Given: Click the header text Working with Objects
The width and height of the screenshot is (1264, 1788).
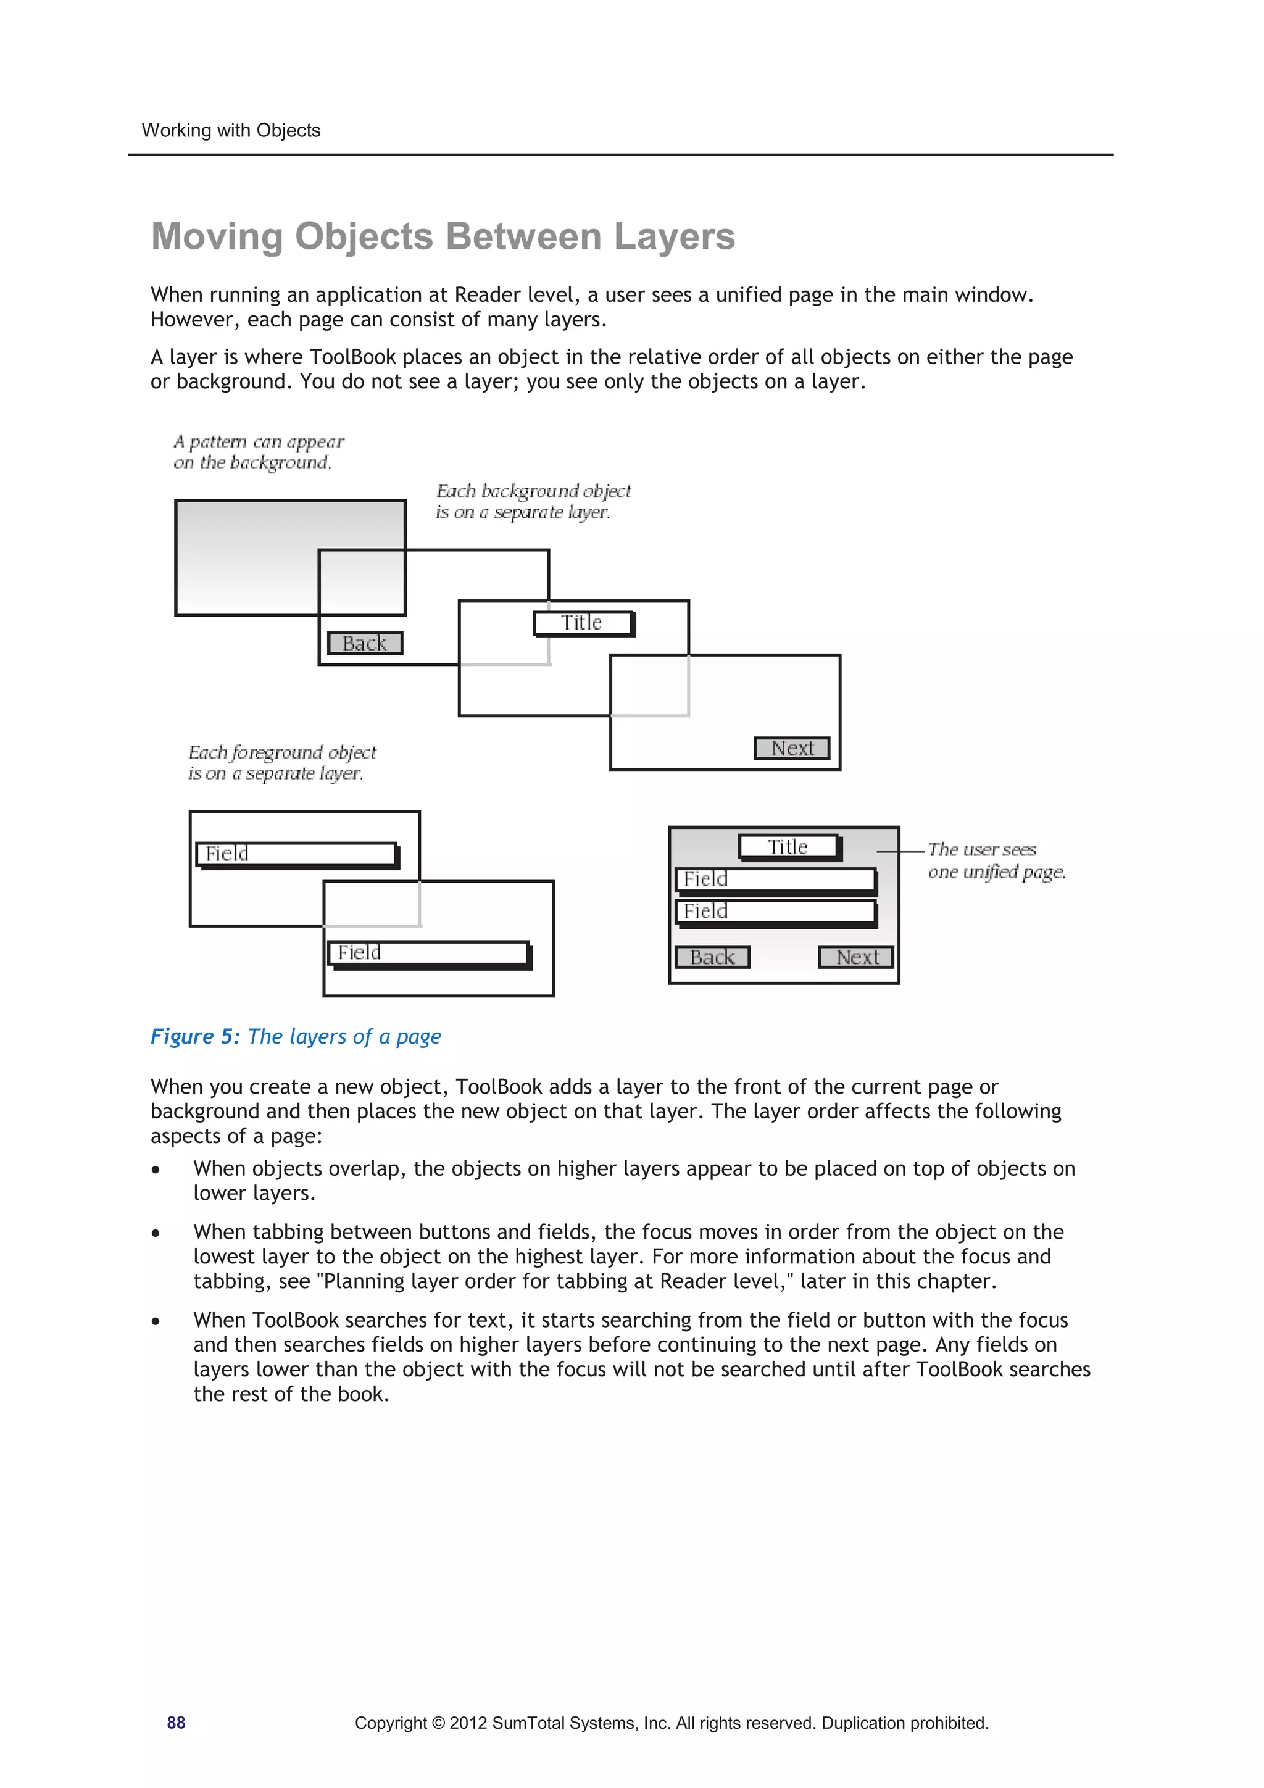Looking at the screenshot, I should click(231, 130).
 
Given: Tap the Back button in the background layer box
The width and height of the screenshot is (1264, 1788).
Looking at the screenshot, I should click(365, 643).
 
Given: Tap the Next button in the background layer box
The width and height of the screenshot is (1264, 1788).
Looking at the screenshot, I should click(792, 749).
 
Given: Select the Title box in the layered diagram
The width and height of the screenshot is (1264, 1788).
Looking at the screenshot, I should click(583, 623).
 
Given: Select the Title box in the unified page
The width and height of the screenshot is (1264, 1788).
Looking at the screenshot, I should click(789, 847).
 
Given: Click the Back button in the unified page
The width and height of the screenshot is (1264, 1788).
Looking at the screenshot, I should click(712, 957).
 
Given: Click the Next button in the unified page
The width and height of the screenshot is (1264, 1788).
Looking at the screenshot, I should click(855, 957).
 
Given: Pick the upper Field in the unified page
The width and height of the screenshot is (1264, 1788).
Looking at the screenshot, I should click(775, 880).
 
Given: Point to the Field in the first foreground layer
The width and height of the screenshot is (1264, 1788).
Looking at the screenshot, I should click(297, 854).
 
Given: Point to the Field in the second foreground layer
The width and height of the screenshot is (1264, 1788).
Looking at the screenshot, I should click(428, 953).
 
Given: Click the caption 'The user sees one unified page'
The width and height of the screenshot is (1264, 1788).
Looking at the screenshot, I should click(996, 860).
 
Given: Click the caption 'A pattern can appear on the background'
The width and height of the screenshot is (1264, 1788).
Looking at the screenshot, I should click(258, 452).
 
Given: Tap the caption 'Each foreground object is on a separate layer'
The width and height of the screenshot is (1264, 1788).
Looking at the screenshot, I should click(281, 762).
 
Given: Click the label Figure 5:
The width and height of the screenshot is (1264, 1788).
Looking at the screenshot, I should click(194, 1036).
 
